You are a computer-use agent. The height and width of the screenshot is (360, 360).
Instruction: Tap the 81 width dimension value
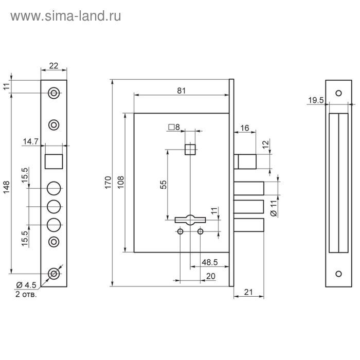click(x=181, y=91)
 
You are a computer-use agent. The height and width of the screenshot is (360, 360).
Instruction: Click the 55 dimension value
click(x=163, y=185)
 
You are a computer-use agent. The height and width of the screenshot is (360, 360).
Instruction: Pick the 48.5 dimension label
click(x=209, y=262)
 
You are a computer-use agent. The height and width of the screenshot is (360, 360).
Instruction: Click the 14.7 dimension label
click(x=30, y=140)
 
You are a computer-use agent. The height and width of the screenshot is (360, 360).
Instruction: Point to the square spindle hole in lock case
click(x=190, y=149)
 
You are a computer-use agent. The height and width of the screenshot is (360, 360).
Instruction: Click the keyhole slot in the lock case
click(x=190, y=219)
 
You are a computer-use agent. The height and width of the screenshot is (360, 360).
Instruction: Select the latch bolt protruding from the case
click(x=246, y=160)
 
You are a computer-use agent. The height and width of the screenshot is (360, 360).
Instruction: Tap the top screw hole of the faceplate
click(x=53, y=93)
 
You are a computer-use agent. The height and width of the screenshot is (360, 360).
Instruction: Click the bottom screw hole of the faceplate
click(x=53, y=274)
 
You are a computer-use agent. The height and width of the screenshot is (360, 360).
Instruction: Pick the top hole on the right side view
click(x=338, y=93)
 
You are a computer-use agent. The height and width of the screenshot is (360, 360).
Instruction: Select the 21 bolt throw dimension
click(x=249, y=292)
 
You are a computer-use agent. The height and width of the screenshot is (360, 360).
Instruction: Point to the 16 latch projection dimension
click(x=244, y=128)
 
